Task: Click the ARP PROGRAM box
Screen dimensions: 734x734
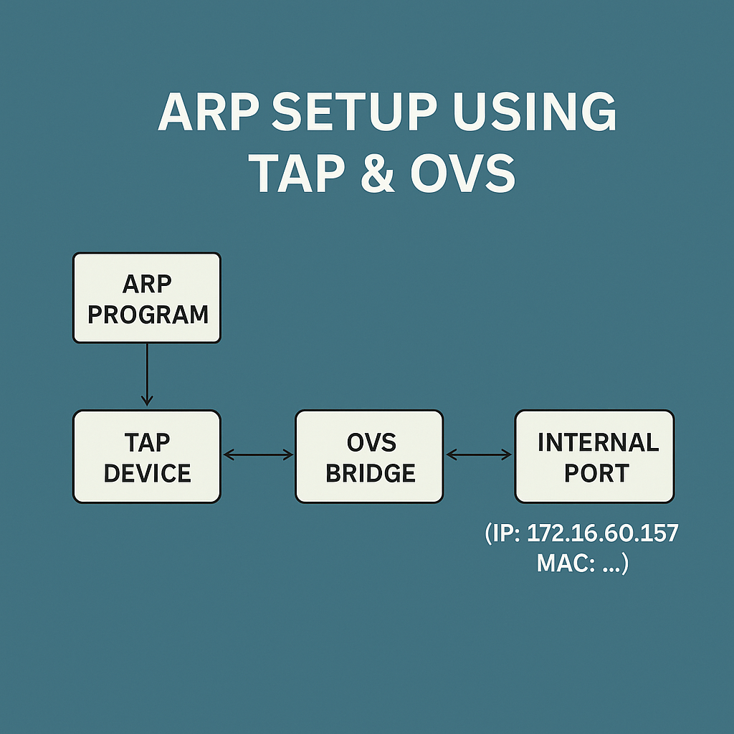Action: (147, 297)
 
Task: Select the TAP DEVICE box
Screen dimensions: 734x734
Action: (147, 457)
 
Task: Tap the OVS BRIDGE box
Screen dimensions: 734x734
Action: (369, 457)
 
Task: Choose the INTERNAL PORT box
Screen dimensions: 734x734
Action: (594, 457)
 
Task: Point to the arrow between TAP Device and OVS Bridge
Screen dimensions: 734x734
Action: (258, 454)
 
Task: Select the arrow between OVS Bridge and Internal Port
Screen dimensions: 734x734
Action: (479, 454)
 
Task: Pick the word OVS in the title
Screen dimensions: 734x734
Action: (463, 173)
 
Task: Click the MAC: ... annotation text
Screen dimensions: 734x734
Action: (582, 563)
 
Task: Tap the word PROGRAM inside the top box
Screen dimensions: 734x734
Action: (148, 314)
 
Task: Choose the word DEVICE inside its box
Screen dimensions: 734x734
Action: (148, 473)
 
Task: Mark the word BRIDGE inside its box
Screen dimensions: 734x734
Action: (370, 473)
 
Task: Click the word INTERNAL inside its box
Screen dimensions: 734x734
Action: (598, 442)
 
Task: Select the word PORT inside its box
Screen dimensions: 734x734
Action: (596, 473)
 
